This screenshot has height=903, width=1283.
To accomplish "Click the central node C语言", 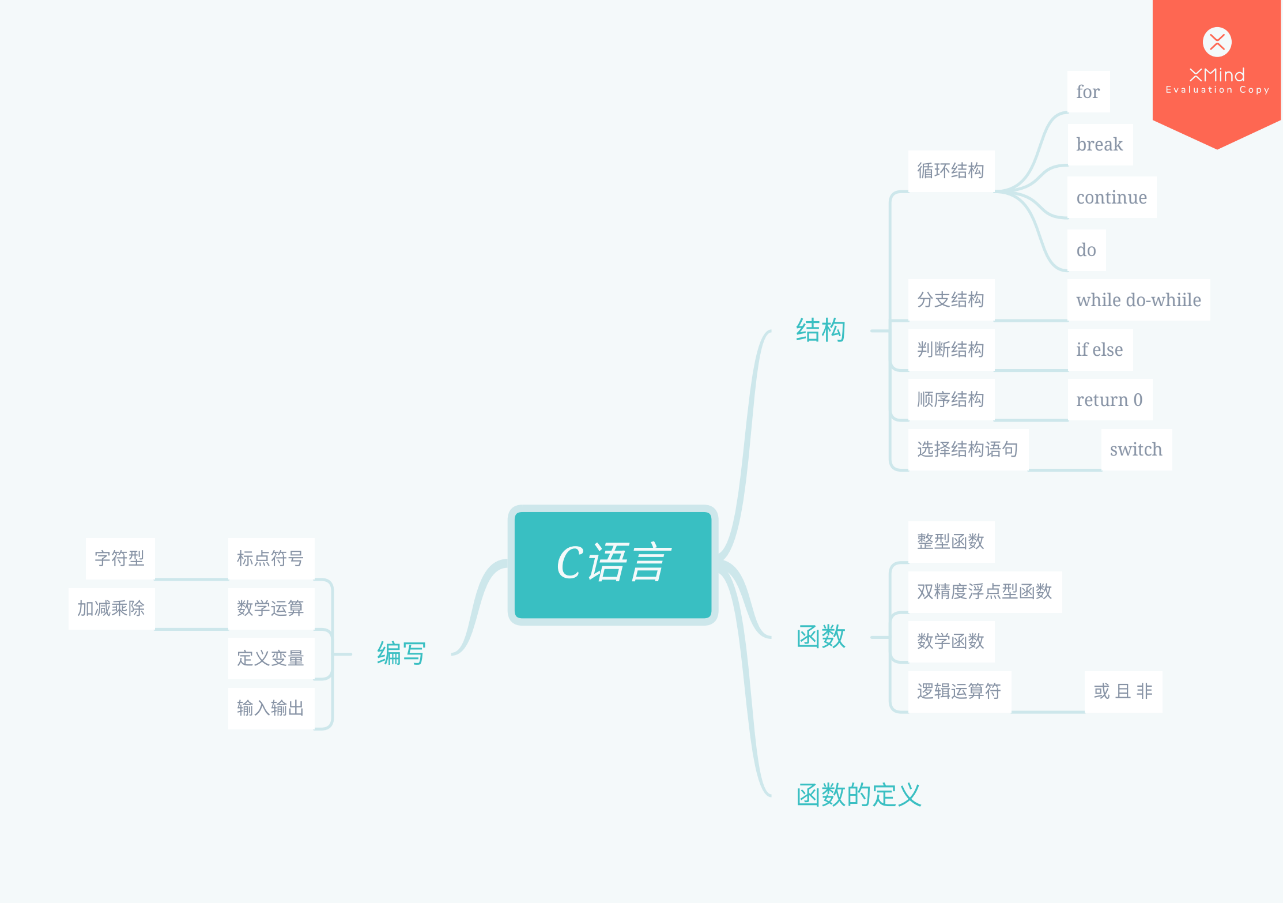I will pos(613,564).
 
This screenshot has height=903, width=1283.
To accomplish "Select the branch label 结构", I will pos(820,330).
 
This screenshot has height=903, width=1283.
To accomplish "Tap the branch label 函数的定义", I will pos(858,795).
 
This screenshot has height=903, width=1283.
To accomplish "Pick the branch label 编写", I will pos(401,654).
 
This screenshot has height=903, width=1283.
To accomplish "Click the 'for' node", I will pos(1088,92).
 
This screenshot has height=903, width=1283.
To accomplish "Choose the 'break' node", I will pos(1099,144).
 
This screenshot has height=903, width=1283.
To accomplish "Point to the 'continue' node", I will pos(1111,197).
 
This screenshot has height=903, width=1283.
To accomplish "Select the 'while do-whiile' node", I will pos(1138,300).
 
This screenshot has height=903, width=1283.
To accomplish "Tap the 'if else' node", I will pos(1099,349).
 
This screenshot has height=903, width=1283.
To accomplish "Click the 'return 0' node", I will pos(1109,400).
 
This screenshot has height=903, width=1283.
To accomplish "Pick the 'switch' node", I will pos(1135,449).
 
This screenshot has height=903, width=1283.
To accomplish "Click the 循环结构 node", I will pos(950,171).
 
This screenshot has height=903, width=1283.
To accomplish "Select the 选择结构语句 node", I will pos(967,449).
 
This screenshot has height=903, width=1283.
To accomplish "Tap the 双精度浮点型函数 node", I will pos(984,591).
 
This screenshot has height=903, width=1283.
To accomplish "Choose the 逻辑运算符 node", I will pos(959,691).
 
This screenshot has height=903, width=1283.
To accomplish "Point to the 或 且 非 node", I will pos(1123,691).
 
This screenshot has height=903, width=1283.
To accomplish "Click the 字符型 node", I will pos(120,558).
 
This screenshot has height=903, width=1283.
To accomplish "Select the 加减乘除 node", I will pos(111,608).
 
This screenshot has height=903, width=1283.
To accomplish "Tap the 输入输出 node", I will pos(270,708).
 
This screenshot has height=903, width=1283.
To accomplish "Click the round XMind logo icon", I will pos(1217,42).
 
